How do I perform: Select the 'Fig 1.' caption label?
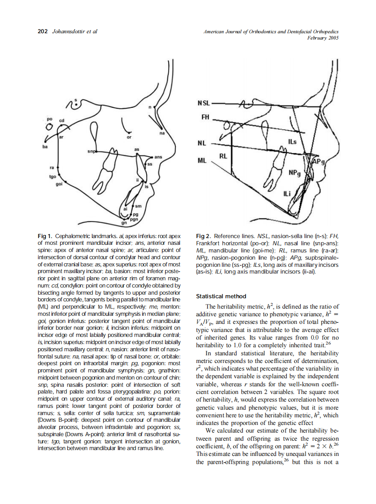coord(45,236)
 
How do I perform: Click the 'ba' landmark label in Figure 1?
coord(45,146)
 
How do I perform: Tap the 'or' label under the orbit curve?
coord(129,137)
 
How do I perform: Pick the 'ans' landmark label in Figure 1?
coord(158,157)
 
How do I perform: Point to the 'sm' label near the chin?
coord(138,206)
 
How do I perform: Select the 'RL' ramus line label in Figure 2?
coord(223,157)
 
